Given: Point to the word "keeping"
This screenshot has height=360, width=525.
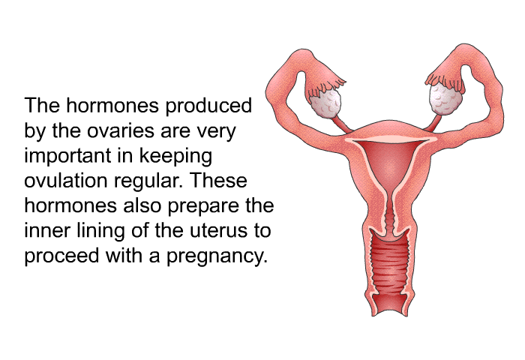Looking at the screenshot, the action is pos(175,157).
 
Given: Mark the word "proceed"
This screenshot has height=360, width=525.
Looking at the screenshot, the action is pos(62,257).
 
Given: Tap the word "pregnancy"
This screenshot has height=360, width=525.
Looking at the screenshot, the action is pos(217,257).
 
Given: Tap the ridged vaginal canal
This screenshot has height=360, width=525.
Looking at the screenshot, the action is pos(389,268).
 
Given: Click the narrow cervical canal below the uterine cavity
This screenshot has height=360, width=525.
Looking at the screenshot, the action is pos(390,214).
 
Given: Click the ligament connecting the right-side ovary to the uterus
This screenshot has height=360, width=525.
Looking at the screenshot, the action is pos(434,122).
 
